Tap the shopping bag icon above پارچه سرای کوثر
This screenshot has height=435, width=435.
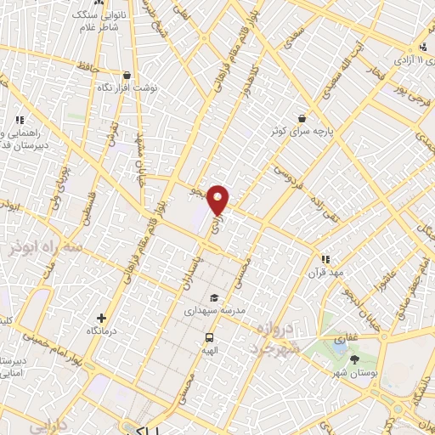(x=302, y=119)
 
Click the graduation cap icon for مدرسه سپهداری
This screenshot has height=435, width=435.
(x=214, y=298)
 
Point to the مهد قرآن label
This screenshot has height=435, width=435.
(x=325, y=272)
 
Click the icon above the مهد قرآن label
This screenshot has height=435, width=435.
(x=325, y=258)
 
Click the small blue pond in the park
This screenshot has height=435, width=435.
(x=339, y=346)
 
